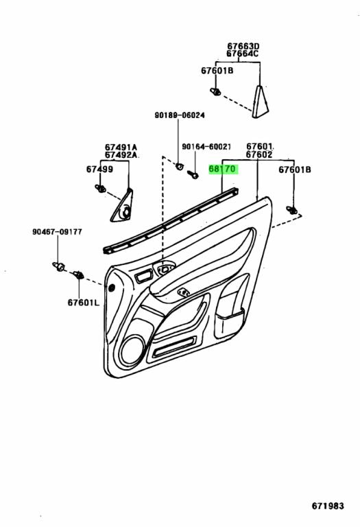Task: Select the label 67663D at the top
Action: (x=243, y=47)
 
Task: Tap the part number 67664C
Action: (x=243, y=55)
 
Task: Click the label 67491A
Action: (x=121, y=147)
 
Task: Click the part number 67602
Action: (x=261, y=155)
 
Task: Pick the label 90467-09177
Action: (x=57, y=232)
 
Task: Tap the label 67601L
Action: (x=83, y=302)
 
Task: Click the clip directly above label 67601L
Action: (x=77, y=276)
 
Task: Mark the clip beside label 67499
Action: (x=101, y=187)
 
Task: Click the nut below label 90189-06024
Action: (x=179, y=165)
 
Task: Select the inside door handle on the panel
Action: (x=165, y=270)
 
